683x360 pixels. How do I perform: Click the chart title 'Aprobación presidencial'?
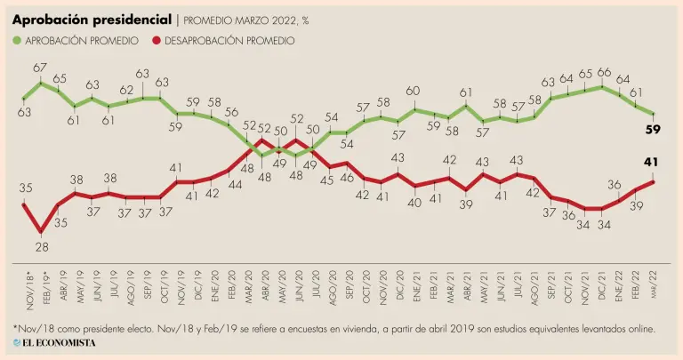coord(92,19)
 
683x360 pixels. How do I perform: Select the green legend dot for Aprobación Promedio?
coord(18,40)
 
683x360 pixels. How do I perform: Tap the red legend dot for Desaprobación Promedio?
coord(157,40)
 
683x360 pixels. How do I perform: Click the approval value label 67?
coord(41,68)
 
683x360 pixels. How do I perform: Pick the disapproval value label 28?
coord(41,248)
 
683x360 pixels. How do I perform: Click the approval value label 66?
coord(603,72)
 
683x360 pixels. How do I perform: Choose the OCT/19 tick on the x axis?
coord(164,284)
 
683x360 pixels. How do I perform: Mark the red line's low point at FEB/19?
coord(41,233)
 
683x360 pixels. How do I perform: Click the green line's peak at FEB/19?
coord(41,83)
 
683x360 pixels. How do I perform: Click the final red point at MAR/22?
coord(654,181)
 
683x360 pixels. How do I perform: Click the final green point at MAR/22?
coord(654,114)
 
